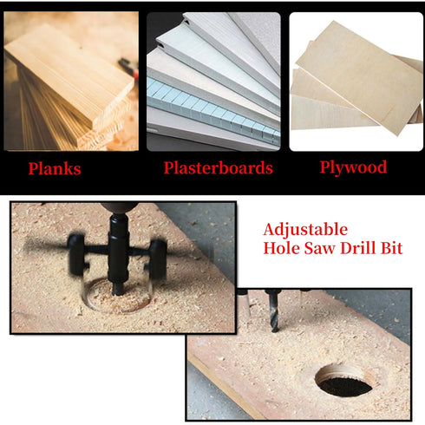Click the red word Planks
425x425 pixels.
(x=54, y=168)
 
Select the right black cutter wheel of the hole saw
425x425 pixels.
(x=157, y=257)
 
